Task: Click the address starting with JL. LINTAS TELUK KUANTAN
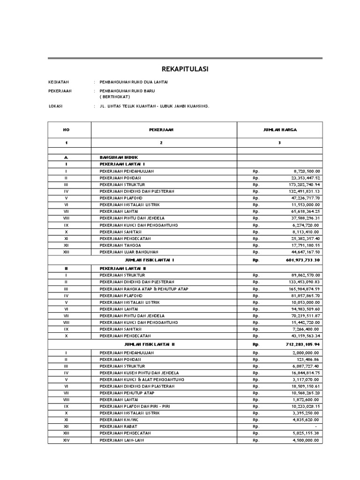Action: (154, 106)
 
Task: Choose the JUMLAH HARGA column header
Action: (279, 129)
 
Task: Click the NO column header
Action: (66, 129)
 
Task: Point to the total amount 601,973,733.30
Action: (302, 260)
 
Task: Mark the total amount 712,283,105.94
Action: (302, 344)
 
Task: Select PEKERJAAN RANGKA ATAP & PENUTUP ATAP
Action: (144, 289)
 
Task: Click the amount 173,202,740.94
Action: (302, 185)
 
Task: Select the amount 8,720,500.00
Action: (305, 171)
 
